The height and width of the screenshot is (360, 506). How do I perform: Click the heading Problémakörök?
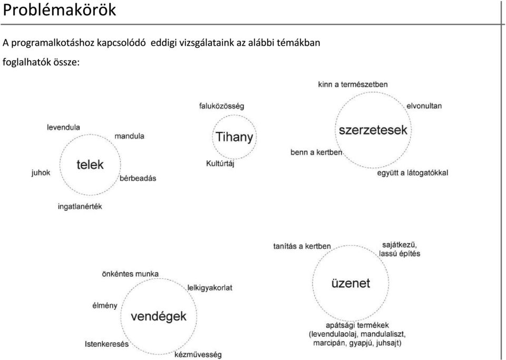click(x=59, y=9)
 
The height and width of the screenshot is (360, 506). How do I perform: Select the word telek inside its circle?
click(x=90, y=164)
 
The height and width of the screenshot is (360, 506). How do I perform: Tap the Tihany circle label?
click(x=234, y=137)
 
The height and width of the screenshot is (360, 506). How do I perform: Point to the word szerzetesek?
click(x=373, y=130)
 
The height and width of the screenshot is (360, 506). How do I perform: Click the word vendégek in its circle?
click(x=159, y=316)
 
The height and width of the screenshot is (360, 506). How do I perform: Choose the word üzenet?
click(x=351, y=283)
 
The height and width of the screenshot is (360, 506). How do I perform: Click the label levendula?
click(x=63, y=127)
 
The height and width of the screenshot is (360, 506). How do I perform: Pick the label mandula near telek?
click(x=129, y=136)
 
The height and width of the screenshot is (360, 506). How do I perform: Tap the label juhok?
click(x=41, y=172)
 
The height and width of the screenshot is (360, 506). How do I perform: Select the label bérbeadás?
click(x=138, y=178)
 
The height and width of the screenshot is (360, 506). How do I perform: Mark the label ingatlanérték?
click(x=80, y=206)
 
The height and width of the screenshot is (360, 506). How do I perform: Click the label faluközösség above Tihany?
click(x=222, y=106)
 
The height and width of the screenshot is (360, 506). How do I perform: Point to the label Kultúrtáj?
click(x=220, y=163)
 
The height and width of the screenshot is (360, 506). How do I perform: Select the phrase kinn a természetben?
click(x=353, y=84)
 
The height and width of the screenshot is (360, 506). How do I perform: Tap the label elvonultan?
click(x=424, y=106)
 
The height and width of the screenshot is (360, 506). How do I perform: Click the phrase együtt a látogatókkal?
click(x=413, y=173)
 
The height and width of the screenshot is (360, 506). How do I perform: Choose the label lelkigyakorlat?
click(x=210, y=287)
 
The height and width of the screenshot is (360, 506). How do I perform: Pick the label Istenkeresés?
click(x=106, y=344)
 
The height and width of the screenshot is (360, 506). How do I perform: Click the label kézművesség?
click(x=198, y=355)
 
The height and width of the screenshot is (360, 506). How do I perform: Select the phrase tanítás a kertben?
click(x=302, y=246)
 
